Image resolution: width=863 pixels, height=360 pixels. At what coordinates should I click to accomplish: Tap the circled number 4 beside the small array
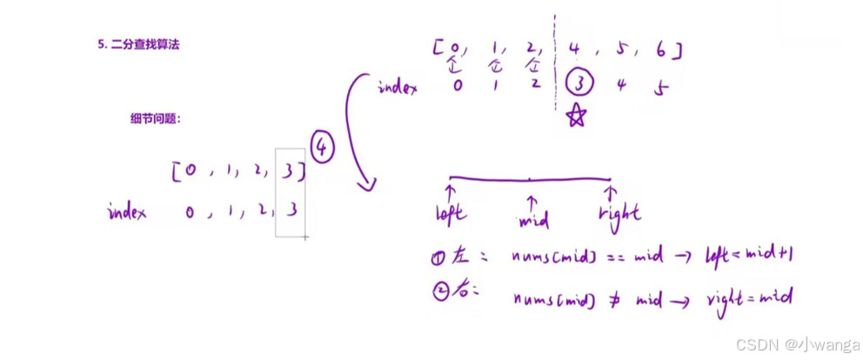(x=322, y=149)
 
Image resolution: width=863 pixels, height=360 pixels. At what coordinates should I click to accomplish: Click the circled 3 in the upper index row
(x=579, y=84)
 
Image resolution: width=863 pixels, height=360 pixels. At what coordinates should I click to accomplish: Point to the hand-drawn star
(x=576, y=116)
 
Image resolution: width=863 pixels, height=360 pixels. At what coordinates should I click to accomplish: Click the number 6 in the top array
(x=662, y=50)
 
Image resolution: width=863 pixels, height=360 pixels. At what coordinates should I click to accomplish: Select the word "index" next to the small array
(x=127, y=211)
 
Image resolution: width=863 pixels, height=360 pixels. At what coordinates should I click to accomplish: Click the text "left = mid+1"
(x=748, y=257)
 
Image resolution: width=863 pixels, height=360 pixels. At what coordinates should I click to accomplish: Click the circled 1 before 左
(x=439, y=257)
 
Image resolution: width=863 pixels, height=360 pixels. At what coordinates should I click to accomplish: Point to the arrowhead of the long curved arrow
(x=369, y=184)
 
